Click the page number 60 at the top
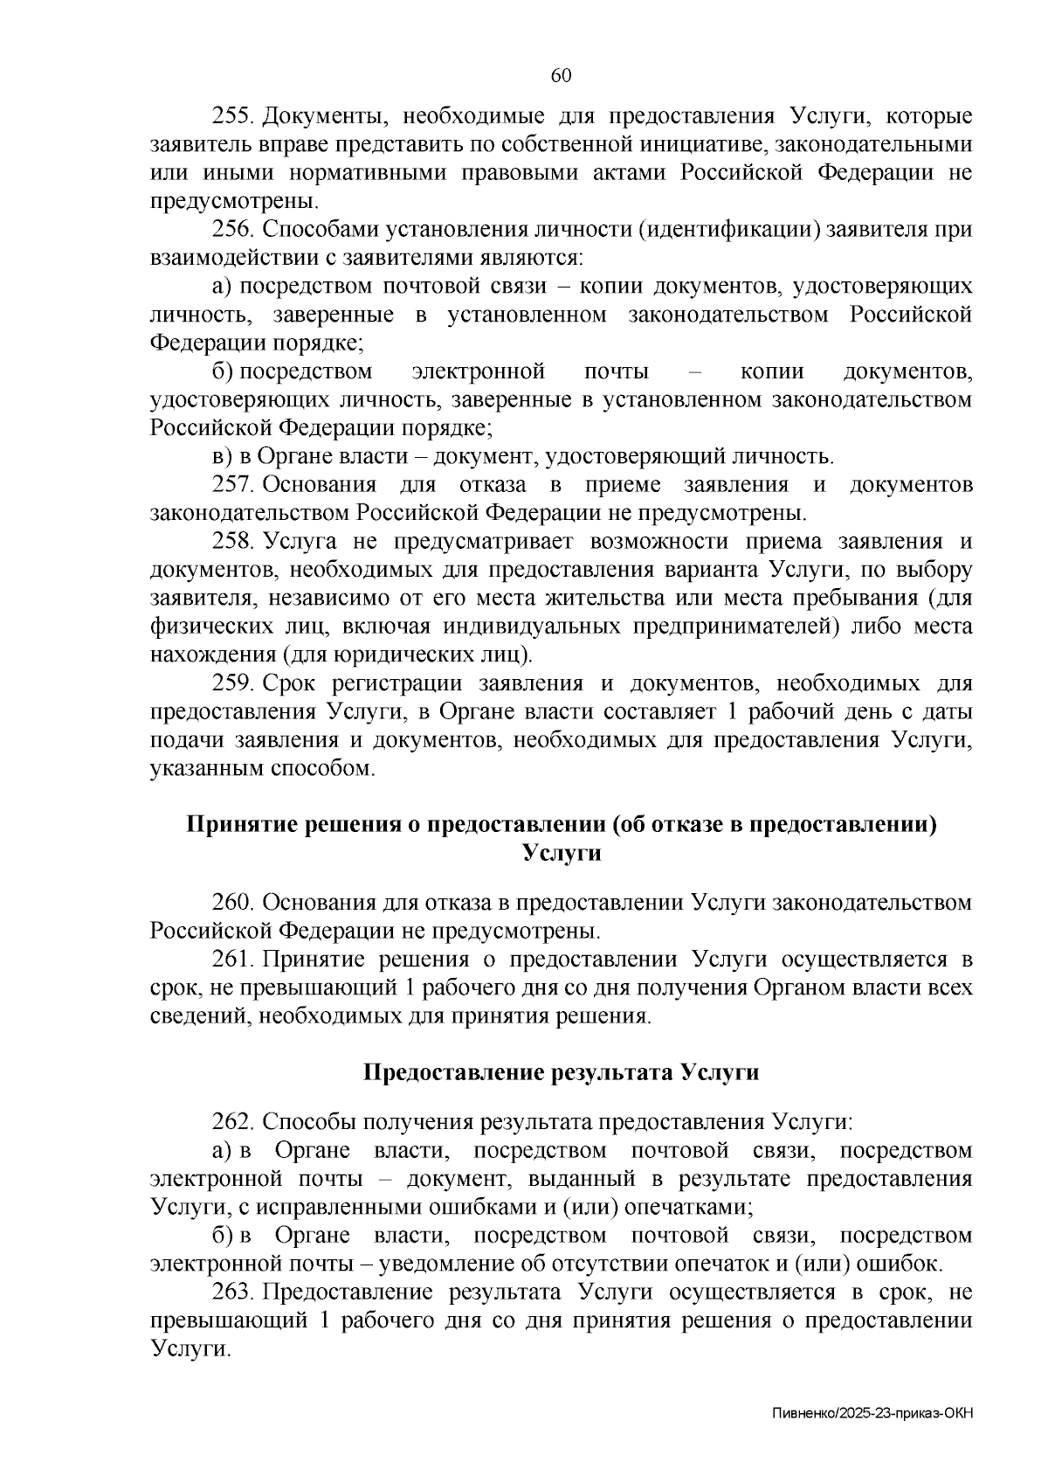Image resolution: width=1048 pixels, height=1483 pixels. (561, 76)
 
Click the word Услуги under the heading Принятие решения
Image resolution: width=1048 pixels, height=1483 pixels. (562, 853)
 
